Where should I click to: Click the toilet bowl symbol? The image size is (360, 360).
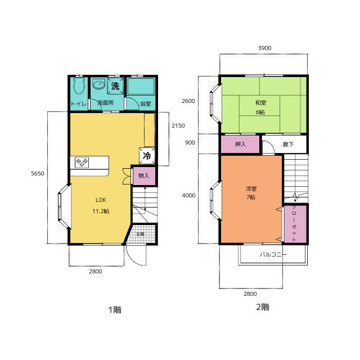pos(79,85)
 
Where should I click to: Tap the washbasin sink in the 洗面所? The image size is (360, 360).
pos(99,84)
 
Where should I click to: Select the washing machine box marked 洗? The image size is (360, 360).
pos(115,86)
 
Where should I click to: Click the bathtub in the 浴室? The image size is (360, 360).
pos(141,86)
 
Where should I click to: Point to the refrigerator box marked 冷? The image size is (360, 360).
pos(147,156)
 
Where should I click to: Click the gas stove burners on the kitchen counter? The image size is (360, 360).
pos(82,163)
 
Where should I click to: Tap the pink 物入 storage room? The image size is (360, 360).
pos(144,176)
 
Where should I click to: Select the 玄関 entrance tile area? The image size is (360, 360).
pos(141,234)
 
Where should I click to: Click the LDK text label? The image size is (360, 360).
pos(101,200)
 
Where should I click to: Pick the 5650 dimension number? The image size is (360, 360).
pos(38,173)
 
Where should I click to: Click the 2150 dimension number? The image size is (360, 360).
pos(178,125)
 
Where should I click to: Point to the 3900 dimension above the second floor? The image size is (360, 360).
pos(265,48)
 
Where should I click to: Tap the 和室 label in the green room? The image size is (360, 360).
pos(260,102)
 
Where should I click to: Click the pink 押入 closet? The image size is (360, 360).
pos(240,144)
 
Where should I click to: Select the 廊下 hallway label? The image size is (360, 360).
pos(288,144)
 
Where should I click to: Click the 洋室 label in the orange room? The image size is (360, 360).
pos(251,189)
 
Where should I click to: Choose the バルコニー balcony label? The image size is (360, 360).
pos(273,254)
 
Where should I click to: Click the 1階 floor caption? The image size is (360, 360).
pos(115,310)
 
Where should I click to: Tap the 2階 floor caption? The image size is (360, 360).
pos(263,307)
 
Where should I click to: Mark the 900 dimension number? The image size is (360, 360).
pos(190,142)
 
